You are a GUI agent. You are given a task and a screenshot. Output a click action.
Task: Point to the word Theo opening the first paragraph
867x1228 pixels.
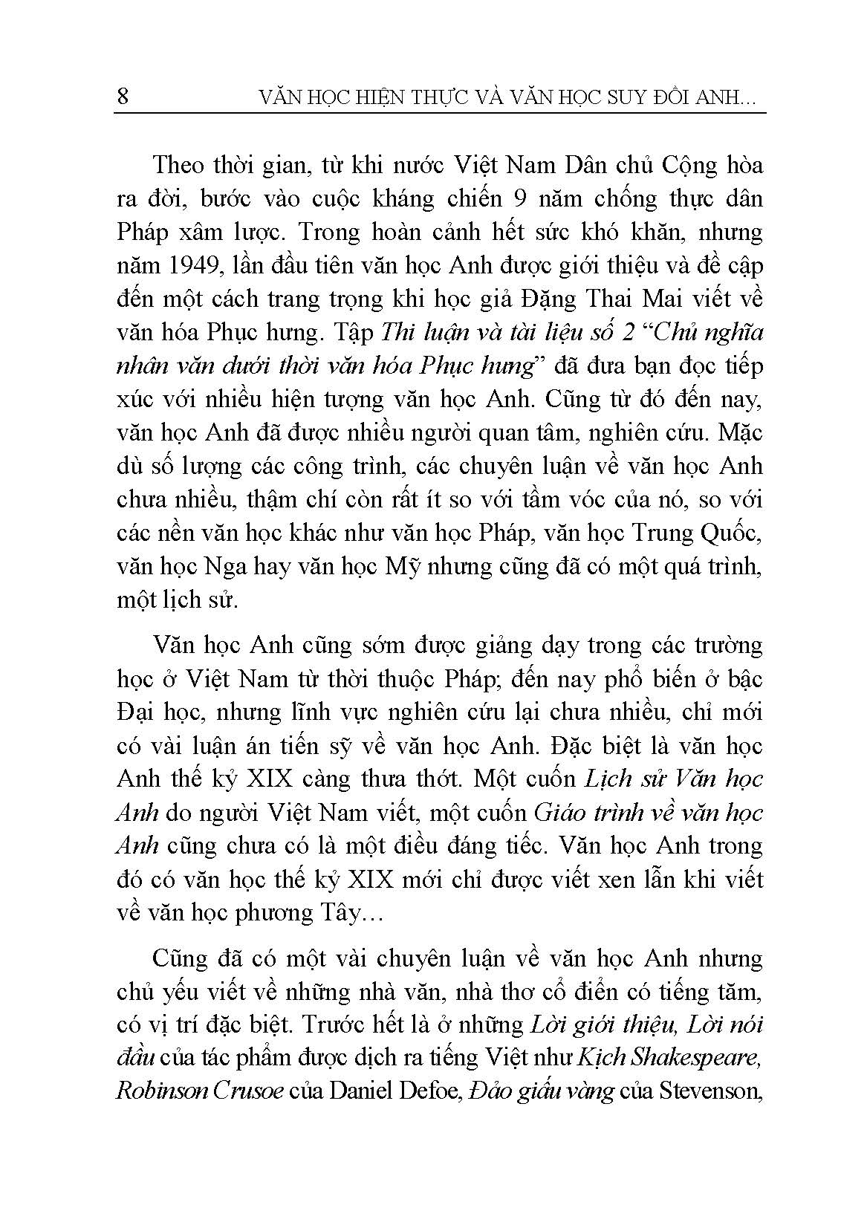coord(181,165)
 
